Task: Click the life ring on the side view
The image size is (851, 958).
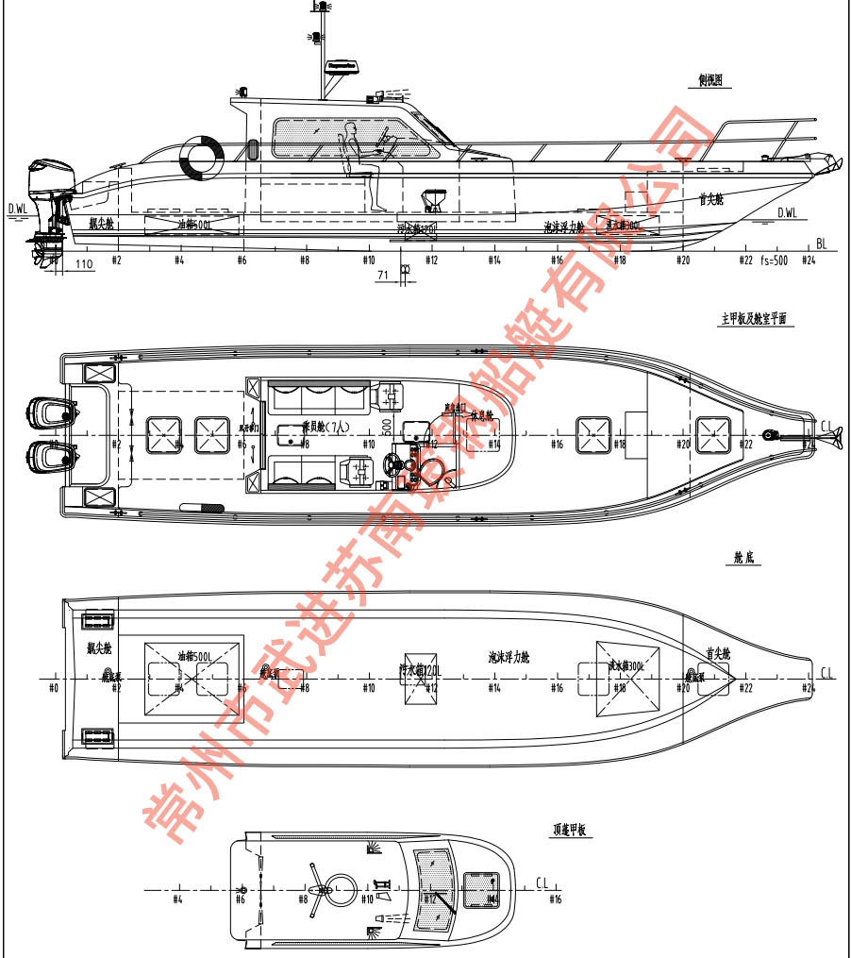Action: point(200,156)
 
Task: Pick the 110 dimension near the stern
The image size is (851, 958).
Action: point(83,264)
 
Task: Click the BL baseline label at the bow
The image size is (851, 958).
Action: point(822,243)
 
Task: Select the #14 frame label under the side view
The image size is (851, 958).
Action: point(494,260)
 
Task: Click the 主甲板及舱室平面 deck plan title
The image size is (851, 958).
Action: point(757,320)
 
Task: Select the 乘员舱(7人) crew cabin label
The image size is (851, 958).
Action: point(325,428)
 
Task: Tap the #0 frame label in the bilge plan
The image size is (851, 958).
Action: point(53,688)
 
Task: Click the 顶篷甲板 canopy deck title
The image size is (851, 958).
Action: point(570,831)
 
